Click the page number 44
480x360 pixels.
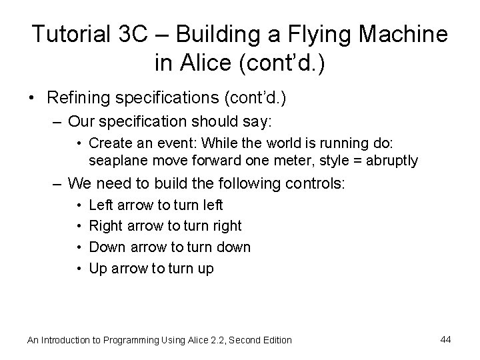pyautogui.click(x=445, y=339)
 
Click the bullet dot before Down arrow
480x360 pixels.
pyautogui.click(x=79, y=247)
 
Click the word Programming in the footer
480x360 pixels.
pyautogui.click(x=129, y=340)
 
